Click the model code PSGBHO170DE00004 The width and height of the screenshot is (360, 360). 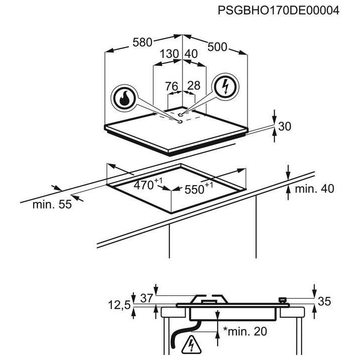(x=278, y=10)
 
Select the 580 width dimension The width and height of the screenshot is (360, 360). (x=142, y=42)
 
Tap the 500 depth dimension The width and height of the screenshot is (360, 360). (x=217, y=47)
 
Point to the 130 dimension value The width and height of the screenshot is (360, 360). (x=169, y=54)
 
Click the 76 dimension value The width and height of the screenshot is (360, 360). (x=171, y=86)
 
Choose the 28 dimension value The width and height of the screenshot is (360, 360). (x=194, y=85)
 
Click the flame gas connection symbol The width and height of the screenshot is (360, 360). (x=124, y=98)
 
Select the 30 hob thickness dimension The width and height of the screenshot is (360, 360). (x=284, y=126)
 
